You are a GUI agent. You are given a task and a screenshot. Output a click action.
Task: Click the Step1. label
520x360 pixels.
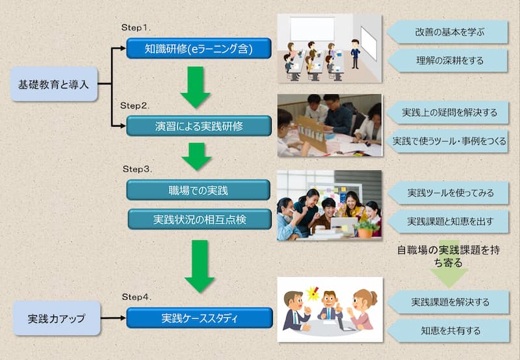[x=136, y=27]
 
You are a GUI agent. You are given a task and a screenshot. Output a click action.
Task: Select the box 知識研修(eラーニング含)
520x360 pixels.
[x=199, y=48]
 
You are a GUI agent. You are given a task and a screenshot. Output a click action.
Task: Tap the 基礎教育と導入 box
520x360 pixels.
[x=54, y=84]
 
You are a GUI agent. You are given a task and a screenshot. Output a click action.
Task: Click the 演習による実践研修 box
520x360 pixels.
[x=199, y=126]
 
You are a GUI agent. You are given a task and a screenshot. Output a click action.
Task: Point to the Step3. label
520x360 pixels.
[x=137, y=169]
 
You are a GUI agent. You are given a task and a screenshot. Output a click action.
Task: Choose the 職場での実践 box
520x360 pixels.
[x=198, y=190]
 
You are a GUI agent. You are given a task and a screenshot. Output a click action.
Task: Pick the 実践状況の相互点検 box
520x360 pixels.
[x=200, y=219]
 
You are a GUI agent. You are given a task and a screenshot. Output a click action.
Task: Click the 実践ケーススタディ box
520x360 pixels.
[x=200, y=318]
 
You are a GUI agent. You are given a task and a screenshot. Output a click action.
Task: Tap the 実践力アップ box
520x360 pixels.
[x=57, y=318]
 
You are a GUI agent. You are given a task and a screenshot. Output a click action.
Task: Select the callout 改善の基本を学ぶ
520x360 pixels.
[x=447, y=32]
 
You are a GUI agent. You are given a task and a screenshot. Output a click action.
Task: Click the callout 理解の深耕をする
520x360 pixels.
[x=448, y=60]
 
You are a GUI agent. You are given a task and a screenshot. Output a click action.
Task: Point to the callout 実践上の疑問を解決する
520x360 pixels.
[x=448, y=112]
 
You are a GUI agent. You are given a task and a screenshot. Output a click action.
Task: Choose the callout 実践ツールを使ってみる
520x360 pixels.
[x=448, y=193]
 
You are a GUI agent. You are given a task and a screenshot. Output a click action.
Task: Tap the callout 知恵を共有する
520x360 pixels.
[x=448, y=331]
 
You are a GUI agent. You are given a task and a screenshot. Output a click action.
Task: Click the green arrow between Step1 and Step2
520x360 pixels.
[x=196, y=87]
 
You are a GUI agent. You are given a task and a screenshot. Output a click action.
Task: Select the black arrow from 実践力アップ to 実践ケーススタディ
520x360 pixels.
[x=113, y=318]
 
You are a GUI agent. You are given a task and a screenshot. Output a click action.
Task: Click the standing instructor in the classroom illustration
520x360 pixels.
[x=355, y=54]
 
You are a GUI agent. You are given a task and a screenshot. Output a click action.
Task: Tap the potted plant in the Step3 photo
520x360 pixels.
[x=365, y=229]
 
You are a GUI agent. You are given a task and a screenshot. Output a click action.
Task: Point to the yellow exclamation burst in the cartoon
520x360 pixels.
[x=313, y=293]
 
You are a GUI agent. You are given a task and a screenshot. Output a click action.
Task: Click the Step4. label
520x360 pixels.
[x=136, y=297]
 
